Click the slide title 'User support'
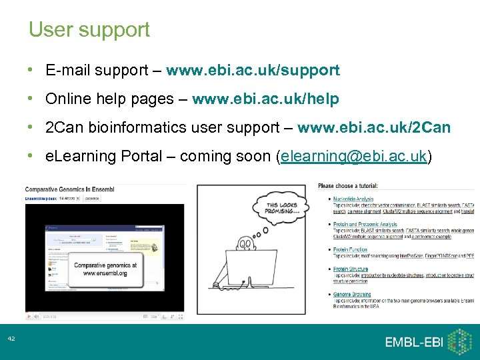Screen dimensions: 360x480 click(89, 30)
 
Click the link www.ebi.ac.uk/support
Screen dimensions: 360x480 click(253, 70)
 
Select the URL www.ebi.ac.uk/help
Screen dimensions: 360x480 click(265, 99)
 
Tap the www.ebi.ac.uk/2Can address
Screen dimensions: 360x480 click(374, 127)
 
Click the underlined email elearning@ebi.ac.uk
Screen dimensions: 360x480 click(354, 157)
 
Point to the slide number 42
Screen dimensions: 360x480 click(11, 339)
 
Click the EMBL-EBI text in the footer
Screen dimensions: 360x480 click(413, 342)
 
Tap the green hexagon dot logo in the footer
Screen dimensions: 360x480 click(459, 341)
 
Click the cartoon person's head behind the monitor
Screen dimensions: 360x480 click(245, 245)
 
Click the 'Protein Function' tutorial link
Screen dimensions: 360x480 click(350, 249)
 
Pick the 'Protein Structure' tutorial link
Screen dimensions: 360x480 click(351, 269)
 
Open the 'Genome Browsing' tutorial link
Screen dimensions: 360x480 click(352, 294)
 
